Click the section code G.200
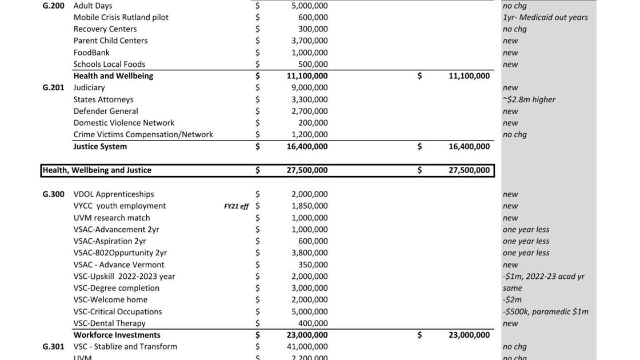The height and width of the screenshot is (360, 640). tap(53, 6)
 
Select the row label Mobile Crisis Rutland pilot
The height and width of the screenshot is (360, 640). tap(121, 17)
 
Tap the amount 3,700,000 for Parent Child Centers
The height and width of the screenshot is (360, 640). tap(309, 41)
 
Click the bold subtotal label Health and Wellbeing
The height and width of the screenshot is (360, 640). tap(113, 76)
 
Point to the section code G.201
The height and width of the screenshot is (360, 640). tap(53, 87)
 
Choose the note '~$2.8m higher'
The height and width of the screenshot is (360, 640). tap(529, 99)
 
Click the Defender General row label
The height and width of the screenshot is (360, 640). tap(105, 111)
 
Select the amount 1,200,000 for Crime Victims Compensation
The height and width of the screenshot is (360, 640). tap(309, 134)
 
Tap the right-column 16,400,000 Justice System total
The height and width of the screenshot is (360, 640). tap(469, 146)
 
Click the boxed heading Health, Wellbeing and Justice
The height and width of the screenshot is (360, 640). tap(97, 170)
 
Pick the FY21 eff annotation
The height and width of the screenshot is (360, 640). tap(236, 206)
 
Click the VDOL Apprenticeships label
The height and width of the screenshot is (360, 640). tap(113, 194)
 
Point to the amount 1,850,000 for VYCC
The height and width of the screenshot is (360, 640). tap(309, 206)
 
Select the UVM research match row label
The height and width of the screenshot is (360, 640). tap(111, 218)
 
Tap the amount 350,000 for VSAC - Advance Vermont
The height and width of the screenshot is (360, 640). tap(313, 265)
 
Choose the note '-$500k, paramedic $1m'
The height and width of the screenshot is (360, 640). tap(545, 311)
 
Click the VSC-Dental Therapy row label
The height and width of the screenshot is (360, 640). tap(109, 323)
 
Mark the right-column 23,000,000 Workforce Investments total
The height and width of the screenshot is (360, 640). tap(469, 335)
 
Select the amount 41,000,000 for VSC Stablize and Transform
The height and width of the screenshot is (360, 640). tap(307, 346)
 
